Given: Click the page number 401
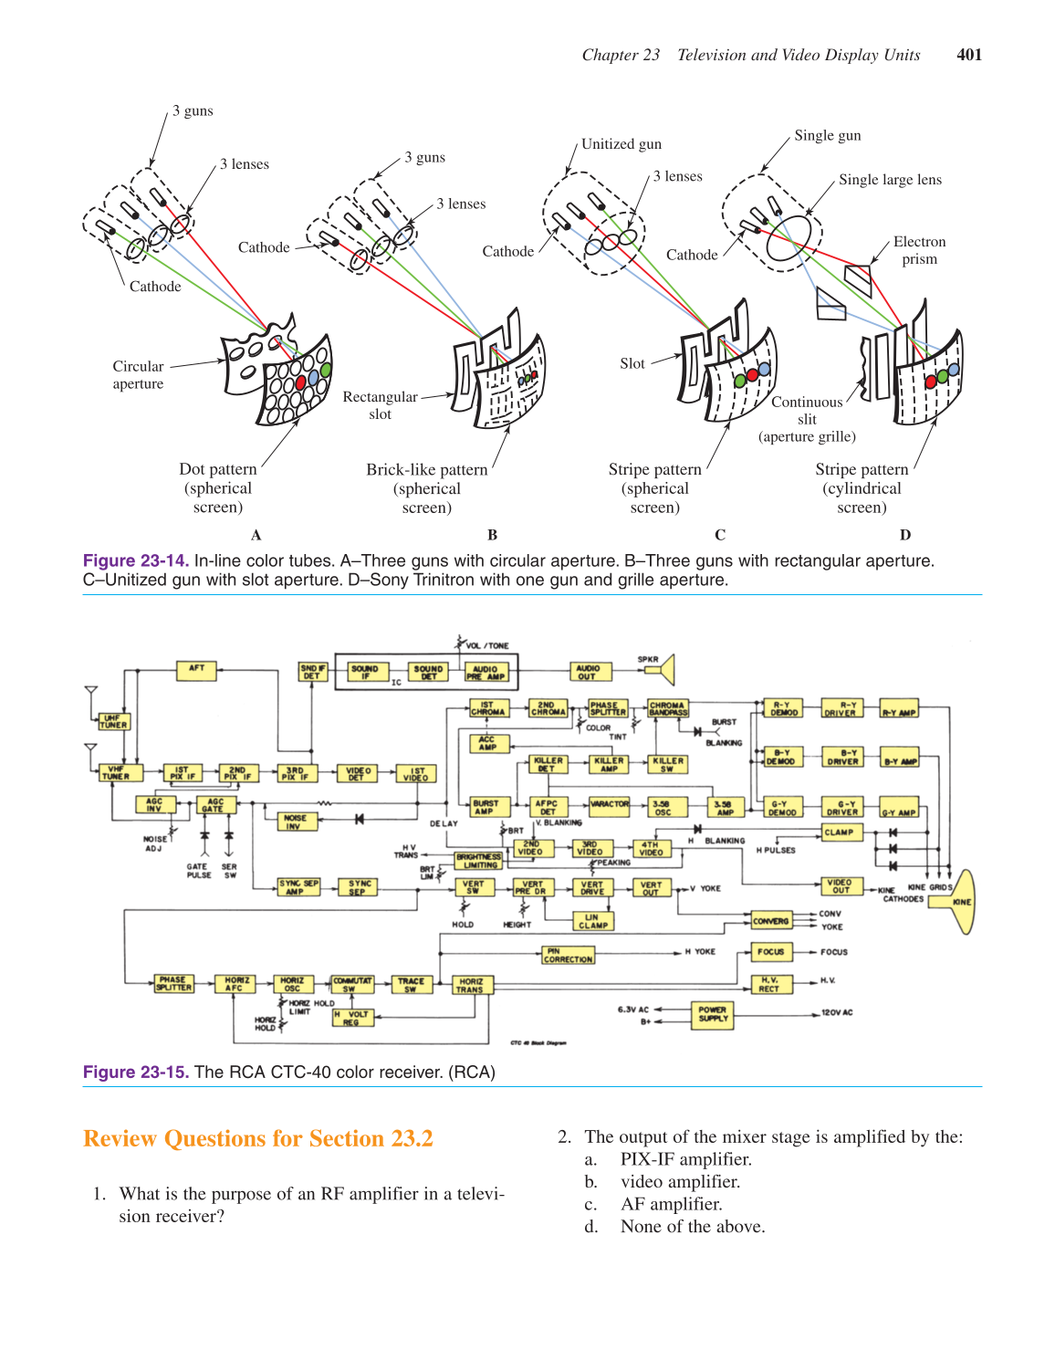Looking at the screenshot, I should point(969,55).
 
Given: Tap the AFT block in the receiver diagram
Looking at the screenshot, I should point(196,670).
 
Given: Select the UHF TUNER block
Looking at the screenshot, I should point(114,722).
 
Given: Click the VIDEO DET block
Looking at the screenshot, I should point(356,774).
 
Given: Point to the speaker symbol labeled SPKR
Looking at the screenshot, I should point(661,670).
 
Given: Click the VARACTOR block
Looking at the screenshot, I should point(609,805).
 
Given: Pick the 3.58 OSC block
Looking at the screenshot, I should point(663,808).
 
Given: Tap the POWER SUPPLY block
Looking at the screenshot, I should point(713,1014).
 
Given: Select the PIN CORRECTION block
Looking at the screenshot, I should point(568,956).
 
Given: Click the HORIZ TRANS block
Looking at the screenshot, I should point(472,985).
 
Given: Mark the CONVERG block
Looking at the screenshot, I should point(771,921).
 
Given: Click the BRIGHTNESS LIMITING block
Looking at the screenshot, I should point(479,861).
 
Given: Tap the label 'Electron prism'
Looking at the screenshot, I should point(919,250).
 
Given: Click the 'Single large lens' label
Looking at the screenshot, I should point(890,180).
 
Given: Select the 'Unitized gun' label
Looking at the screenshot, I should point(622,144).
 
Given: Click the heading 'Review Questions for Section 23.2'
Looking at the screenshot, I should point(258,1139).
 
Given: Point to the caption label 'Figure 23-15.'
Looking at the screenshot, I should point(136,1072).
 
